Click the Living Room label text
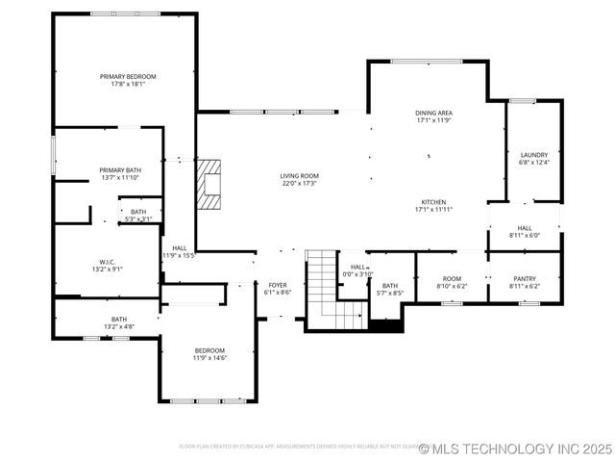299,175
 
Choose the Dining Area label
433,113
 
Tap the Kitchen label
433,202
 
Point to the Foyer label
277,286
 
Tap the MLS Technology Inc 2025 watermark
515,449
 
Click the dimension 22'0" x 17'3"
299,183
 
